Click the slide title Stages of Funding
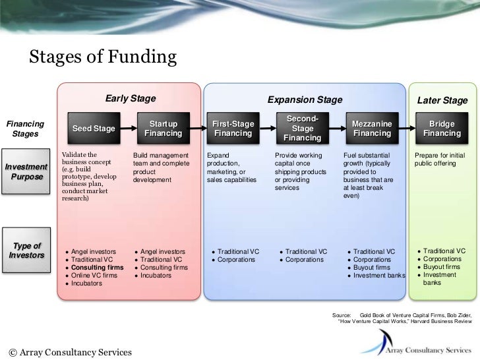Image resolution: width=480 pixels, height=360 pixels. (x=102, y=59)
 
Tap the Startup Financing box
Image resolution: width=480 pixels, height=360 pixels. (x=164, y=129)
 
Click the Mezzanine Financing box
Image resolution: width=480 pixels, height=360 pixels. (x=372, y=129)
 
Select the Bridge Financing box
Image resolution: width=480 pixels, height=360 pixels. (x=442, y=129)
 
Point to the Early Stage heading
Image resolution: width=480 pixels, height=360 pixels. (x=130, y=100)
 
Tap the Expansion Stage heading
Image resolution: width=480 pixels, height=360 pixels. (x=305, y=100)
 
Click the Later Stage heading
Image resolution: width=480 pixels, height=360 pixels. (x=442, y=100)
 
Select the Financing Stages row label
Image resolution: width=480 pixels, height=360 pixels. (x=25, y=129)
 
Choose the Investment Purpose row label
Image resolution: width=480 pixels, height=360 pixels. (x=26, y=171)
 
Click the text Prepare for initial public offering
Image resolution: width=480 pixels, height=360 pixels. (x=440, y=158)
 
